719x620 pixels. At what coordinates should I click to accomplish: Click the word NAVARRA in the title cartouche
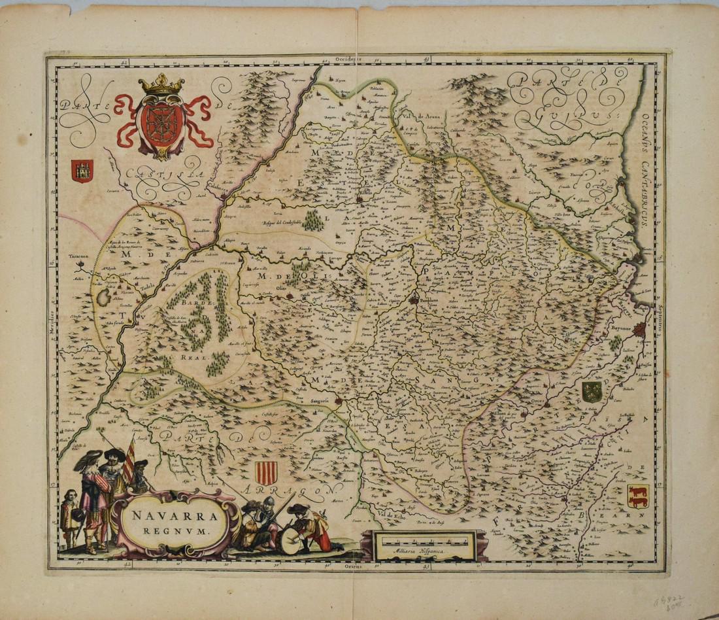[x=172, y=515]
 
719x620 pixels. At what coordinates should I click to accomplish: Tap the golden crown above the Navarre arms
[x=161, y=85]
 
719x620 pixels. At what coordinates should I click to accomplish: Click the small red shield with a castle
[x=82, y=171]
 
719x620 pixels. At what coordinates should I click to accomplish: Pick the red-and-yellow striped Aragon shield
[x=266, y=472]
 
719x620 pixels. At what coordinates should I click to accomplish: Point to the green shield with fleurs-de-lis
[x=592, y=392]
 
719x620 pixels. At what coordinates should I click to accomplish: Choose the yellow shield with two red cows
[x=637, y=496]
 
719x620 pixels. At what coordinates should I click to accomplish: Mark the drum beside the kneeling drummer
[x=290, y=541]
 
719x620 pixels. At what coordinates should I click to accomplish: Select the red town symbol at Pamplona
[x=414, y=300]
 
